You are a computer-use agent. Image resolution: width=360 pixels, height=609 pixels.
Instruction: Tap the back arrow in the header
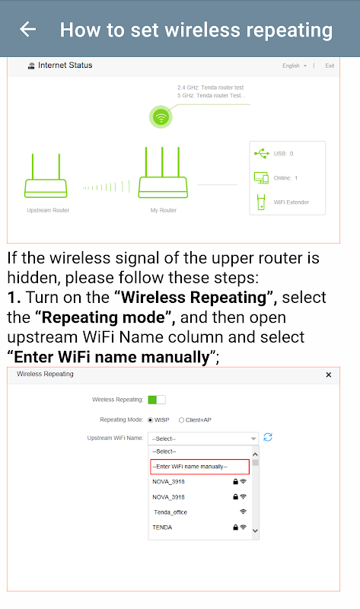[x=27, y=29]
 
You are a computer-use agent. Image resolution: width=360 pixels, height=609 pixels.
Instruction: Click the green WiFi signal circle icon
[x=161, y=116]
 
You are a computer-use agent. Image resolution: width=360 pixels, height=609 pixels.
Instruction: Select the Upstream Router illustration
[x=46, y=176]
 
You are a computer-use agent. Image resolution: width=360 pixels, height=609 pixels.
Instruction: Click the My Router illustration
[x=163, y=173]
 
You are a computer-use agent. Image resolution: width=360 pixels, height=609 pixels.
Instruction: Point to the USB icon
[x=262, y=154]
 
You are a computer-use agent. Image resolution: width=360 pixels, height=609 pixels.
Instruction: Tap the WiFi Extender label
[x=292, y=202]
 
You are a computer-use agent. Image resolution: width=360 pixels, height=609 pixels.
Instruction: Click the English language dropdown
[x=295, y=65]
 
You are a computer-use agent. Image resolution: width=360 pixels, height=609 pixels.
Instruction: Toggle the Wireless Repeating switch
[x=157, y=400]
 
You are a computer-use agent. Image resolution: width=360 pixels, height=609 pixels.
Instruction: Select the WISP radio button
[x=150, y=420]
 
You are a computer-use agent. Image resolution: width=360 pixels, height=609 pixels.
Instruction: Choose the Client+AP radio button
[x=181, y=420]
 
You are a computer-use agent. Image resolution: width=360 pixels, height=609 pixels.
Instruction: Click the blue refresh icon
[x=268, y=437]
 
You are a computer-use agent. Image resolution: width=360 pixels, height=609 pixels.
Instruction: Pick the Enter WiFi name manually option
[x=199, y=467]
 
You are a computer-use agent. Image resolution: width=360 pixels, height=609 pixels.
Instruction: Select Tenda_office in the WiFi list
[x=170, y=512]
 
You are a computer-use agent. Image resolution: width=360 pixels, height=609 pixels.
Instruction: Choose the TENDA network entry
[x=162, y=528]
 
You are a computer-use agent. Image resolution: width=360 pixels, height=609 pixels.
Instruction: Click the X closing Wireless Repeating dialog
[x=329, y=375]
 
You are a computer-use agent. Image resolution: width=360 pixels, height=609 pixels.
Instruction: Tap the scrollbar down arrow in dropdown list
[x=255, y=531]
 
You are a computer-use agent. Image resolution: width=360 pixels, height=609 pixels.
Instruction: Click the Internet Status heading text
[x=65, y=65]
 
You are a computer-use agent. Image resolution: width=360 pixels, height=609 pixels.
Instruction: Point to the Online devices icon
[x=261, y=178]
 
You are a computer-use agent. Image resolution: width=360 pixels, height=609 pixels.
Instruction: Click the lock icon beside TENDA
[x=235, y=528]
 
